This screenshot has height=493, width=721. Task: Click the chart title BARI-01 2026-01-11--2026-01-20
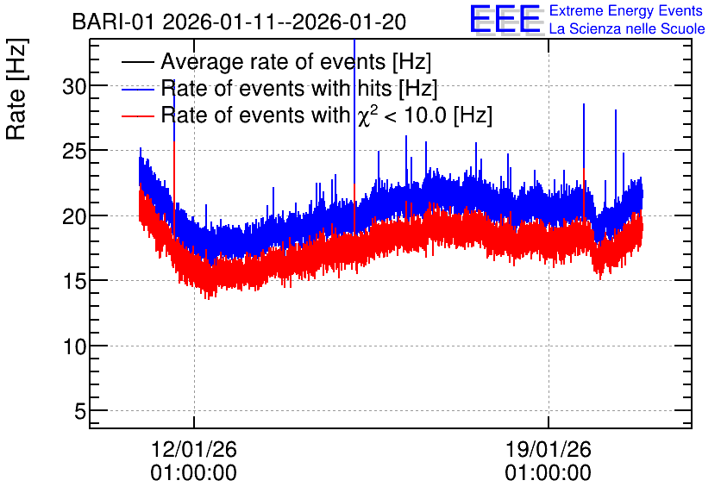pyautogui.click(x=239, y=22)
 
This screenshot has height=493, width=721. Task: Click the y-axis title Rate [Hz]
pyautogui.click(x=16, y=89)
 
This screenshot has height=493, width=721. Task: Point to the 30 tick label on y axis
pyautogui.click(x=74, y=86)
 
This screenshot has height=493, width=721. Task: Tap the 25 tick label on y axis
pyautogui.click(x=74, y=151)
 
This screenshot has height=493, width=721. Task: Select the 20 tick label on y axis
pyautogui.click(x=74, y=216)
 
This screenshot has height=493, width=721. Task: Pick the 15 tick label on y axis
pyautogui.click(x=74, y=281)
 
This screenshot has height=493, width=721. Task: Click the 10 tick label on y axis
pyautogui.click(x=74, y=346)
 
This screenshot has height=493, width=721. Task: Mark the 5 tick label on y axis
pyautogui.click(x=80, y=411)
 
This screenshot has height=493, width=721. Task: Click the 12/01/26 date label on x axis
pyautogui.click(x=193, y=449)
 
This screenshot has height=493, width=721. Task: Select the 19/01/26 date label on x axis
pyautogui.click(x=549, y=449)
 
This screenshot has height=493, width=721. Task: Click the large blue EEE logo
pyautogui.click(x=505, y=19)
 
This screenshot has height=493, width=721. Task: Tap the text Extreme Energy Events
pyautogui.click(x=626, y=10)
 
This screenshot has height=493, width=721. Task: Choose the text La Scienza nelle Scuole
pyautogui.click(x=627, y=28)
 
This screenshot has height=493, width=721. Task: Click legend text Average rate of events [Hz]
pyautogui.click(x=296, y=61)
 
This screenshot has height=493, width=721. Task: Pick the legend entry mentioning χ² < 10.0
pyautogui.click(x=327, y=115)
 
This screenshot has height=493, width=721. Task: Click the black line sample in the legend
pyautogui.click(x=137, y=62)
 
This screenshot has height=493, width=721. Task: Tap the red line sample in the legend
pyautogui.click(x=137, y=115)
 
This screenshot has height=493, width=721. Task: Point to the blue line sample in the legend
pyautogui.click(x=137, y=89)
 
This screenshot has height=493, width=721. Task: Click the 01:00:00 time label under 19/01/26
pyautogui.click(x=549, y=473)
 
